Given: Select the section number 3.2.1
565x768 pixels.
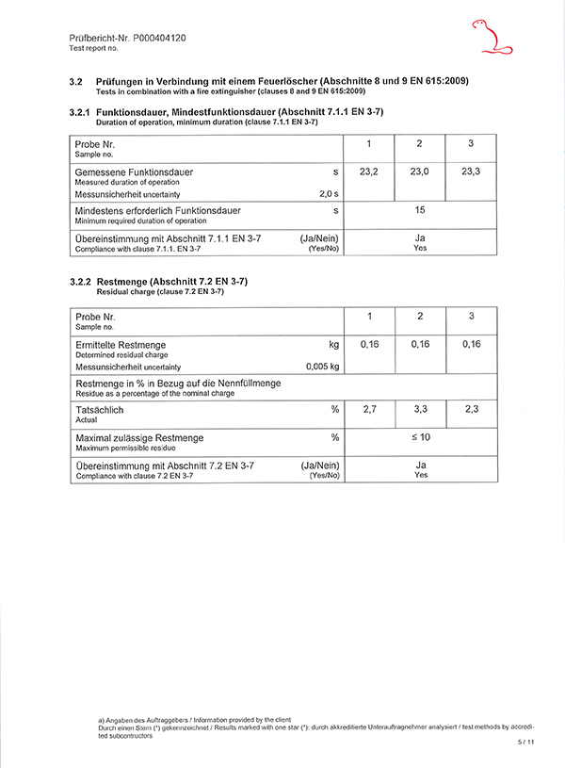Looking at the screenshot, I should coord(83,112).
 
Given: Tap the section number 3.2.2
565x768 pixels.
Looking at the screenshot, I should coord(83,282).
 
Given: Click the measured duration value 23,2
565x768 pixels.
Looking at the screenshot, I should coord(369,172).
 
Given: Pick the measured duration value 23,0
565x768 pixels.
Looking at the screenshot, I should coord(420,172).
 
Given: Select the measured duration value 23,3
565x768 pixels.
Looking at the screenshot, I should coord(472,172).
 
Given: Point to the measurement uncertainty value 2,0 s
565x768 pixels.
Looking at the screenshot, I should coord(329,193).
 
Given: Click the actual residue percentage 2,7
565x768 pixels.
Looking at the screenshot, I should coord(369,410).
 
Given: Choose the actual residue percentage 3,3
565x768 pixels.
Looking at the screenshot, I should coord(420,410).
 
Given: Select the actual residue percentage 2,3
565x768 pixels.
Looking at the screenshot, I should coord(472,410).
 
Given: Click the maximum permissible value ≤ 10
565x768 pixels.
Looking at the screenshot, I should coord(420,438).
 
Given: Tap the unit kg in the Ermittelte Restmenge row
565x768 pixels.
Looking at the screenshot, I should coord(332,345).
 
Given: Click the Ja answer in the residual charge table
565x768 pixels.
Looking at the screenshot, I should coord(421,466).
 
